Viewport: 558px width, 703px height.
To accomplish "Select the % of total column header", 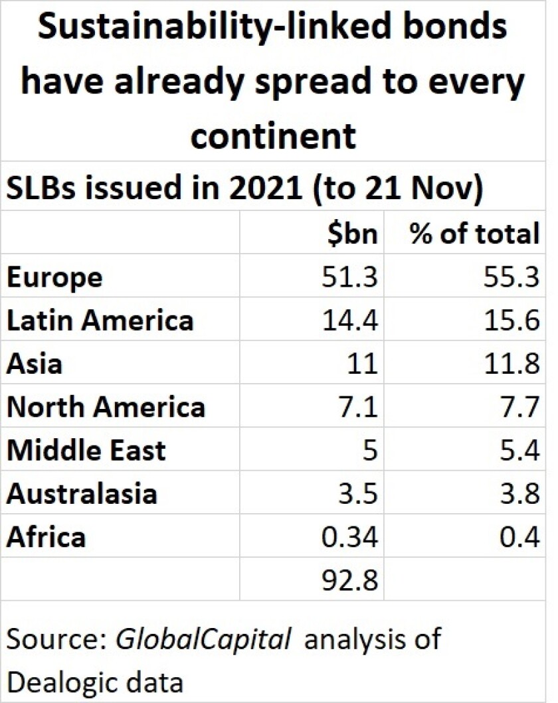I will (x=474, y=233).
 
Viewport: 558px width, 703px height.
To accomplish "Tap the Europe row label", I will (x=54, y=277).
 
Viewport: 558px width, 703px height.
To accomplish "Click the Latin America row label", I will (x=100, y=321).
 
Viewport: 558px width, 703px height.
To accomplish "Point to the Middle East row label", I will (x=86, y=451).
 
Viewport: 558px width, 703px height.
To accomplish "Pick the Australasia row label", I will (x=82, y=494).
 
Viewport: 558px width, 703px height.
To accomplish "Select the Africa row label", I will (x=46, y=537).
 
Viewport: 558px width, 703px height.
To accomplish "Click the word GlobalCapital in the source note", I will (x=203, y=639).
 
